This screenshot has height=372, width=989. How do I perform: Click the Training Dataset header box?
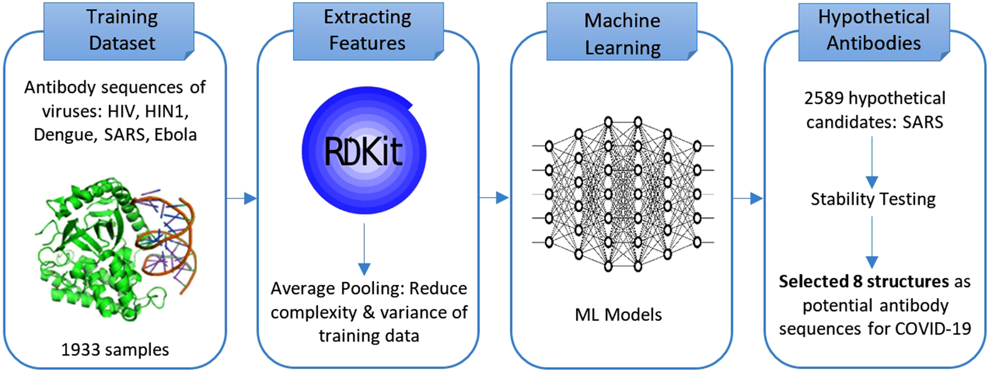pyautogui.click(x=119, y=31)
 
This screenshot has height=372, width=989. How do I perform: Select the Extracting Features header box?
pyautogui.click(x=368, y=31)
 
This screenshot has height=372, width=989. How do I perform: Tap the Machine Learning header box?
pyautogui.click(x=622, y=31)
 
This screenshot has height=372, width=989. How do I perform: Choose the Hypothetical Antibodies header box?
pyautogui.click(x=874, y=31)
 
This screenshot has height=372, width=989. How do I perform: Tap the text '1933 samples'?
pyautogui.click(x=115, y=350)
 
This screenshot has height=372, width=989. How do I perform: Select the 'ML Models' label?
pyautogui.click(x=618, y=315)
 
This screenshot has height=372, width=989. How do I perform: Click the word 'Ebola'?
pyautogui.click(x=175, y=135)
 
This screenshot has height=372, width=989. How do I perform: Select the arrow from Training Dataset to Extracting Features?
pyautogui.click(x=242, y=198)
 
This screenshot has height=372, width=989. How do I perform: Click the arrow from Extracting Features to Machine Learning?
pyautogui.click(x=494, y=198)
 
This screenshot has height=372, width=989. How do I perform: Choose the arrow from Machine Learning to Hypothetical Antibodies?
pyautogui.click(x=747, y=198)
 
